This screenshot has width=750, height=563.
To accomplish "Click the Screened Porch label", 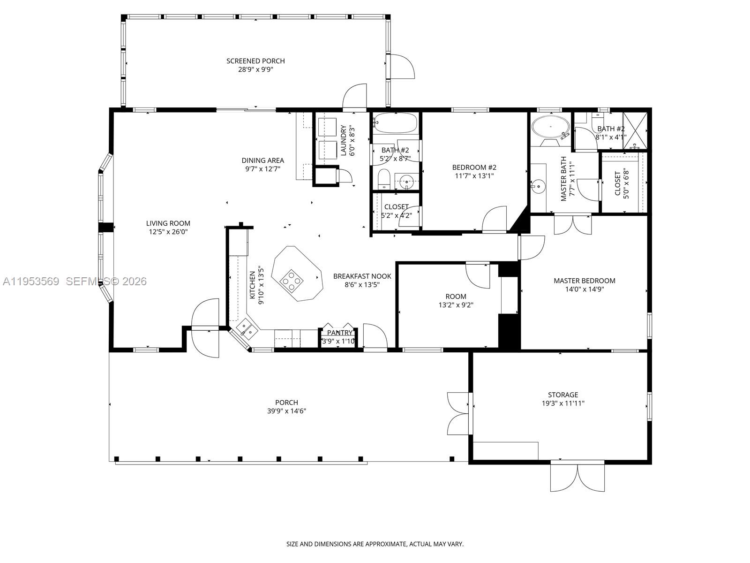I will (x=255, y=61).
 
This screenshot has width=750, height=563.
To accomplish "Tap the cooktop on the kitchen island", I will (x=292, y=280).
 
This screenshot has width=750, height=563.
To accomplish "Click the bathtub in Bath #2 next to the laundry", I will (x=396, y=123).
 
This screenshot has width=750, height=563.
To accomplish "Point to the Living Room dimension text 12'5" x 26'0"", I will (x=168, y=232).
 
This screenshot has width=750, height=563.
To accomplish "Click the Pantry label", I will (x=339, y=333).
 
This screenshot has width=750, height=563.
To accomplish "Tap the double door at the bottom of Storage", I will (x=577, y=477).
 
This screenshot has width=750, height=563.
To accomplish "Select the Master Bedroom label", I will (x=584, y=281).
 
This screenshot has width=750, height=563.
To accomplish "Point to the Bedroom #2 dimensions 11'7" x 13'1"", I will (x=474, y=176).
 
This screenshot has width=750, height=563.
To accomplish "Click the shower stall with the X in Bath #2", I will (x=635, y=129).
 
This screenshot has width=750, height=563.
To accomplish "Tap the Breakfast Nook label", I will (x=362, y=276).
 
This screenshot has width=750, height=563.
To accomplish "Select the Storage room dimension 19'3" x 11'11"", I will (x=563, y=403).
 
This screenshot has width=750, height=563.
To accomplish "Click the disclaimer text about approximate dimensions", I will (x=375, y=544).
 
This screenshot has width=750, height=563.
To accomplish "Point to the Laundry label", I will (x=343, y=140).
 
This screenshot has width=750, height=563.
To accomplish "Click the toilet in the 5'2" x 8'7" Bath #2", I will (x=384, y=179).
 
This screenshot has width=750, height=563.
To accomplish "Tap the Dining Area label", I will (x=262, y=160).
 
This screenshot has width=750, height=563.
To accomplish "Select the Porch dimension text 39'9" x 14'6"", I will (x=286, y=411).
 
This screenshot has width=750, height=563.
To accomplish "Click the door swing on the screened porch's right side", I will (x=402, y=67).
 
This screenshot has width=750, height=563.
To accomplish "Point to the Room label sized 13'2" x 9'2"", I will (x=456, y=297).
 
